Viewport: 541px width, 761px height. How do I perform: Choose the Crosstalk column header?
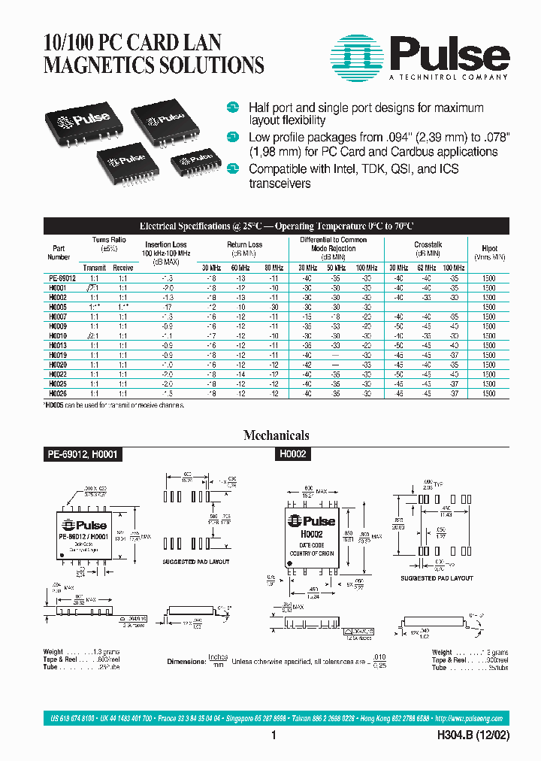428,244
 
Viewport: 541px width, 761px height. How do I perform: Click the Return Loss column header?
244,244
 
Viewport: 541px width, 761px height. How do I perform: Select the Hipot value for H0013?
489,344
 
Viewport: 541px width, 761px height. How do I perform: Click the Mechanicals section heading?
276,435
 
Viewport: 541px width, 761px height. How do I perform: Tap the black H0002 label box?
289,455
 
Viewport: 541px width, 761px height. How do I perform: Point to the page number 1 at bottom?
274,736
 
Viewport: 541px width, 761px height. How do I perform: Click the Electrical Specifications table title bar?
276,226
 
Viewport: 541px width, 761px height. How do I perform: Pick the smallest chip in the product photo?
191,162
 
